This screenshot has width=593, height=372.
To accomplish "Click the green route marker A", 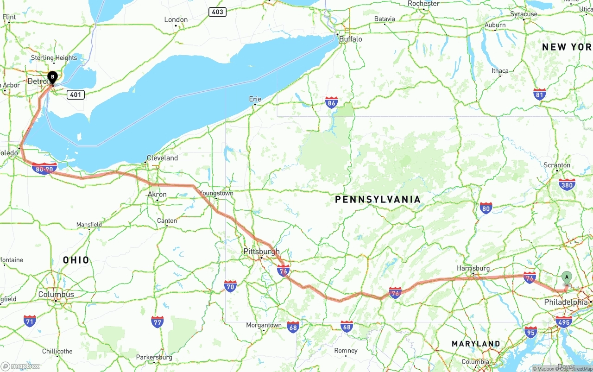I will (x=566, y=277).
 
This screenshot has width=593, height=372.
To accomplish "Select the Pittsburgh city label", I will (x=261, y=252).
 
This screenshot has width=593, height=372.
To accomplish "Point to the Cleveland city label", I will (x=162, y=158).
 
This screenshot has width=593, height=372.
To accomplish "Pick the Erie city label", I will (x=255, y=99).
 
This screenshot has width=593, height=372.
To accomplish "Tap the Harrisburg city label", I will (x=473, y=268).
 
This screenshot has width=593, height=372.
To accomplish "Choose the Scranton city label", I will (x=557, y=165).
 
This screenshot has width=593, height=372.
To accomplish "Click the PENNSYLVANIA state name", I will (x=378, y=199).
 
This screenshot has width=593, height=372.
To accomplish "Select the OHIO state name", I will (x=76, y=260).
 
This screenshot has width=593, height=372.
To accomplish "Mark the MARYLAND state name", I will (x=476, y=344).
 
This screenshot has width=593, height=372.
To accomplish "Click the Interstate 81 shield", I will (x=539, y=94).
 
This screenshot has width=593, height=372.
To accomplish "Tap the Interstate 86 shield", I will (x=331, y=102).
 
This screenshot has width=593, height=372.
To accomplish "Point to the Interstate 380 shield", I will (x=567, y=184).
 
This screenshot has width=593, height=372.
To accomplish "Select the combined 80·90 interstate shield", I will (x=44, y=169).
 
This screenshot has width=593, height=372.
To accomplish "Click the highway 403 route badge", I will (x=217, y=12).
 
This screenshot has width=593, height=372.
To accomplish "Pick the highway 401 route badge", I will (x=76, y=95).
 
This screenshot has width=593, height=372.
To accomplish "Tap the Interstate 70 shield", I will (x=230, y=286).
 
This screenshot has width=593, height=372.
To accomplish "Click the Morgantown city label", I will (x=264, y=325).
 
